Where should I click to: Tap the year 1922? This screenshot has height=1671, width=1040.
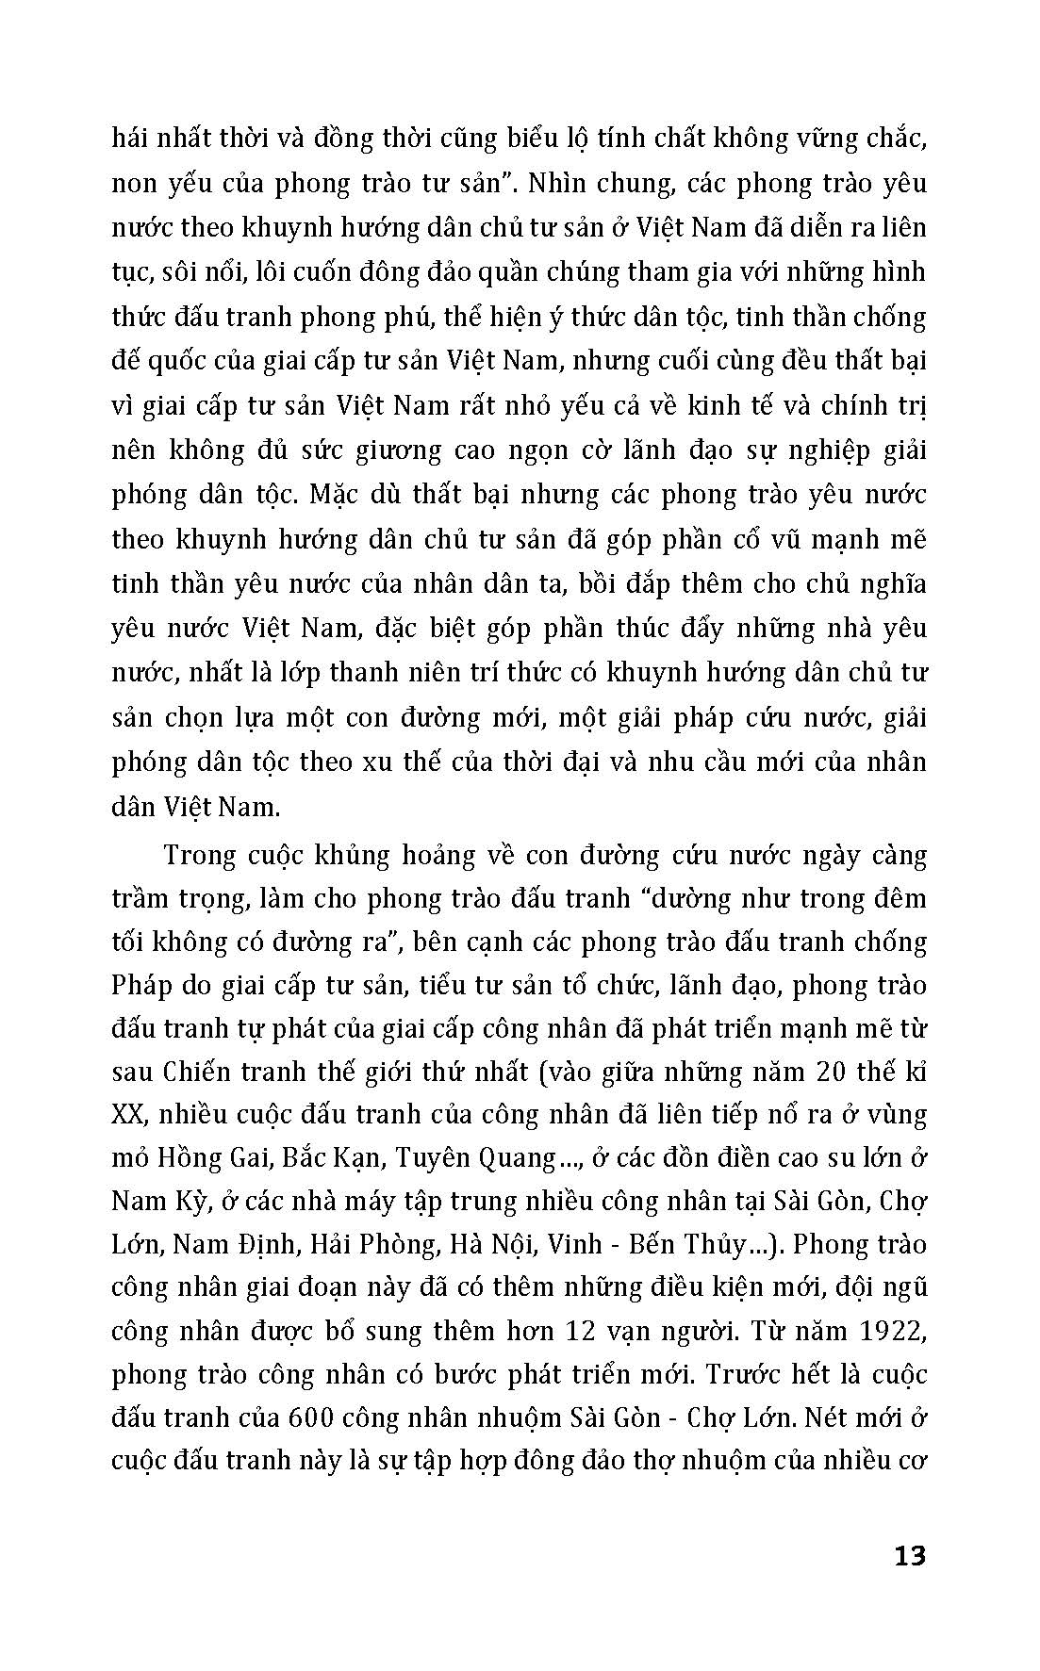[893, 1331]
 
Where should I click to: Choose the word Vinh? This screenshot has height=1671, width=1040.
[573, 1244]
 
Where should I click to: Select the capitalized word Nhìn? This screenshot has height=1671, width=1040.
[560, 183]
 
